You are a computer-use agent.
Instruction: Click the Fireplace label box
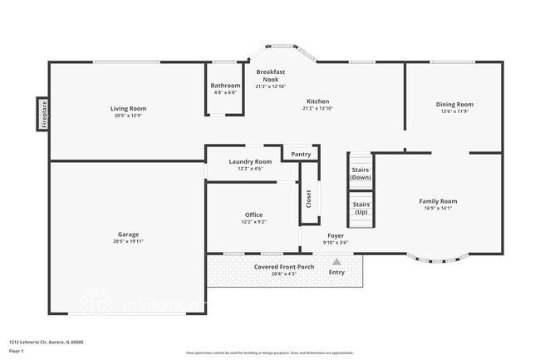[42, 114]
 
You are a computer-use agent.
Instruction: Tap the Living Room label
[128, 108]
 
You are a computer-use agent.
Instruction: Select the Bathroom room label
[225, 86]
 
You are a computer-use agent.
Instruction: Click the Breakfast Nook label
[271, 76]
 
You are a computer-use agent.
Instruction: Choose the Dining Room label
[454, 104]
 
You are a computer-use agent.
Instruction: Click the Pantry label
[301, 154]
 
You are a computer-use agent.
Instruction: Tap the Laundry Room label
[250, 161]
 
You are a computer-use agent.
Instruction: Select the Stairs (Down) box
[361, 173]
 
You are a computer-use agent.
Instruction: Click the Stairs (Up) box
[361, 208]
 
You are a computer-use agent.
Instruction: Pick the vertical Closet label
[309, 199]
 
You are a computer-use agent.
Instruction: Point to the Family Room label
[437, 201]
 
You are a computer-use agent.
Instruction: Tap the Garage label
[128, 234]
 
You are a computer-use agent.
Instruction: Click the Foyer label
[336, 235]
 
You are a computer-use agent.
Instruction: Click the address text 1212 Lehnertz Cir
[47, 342]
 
